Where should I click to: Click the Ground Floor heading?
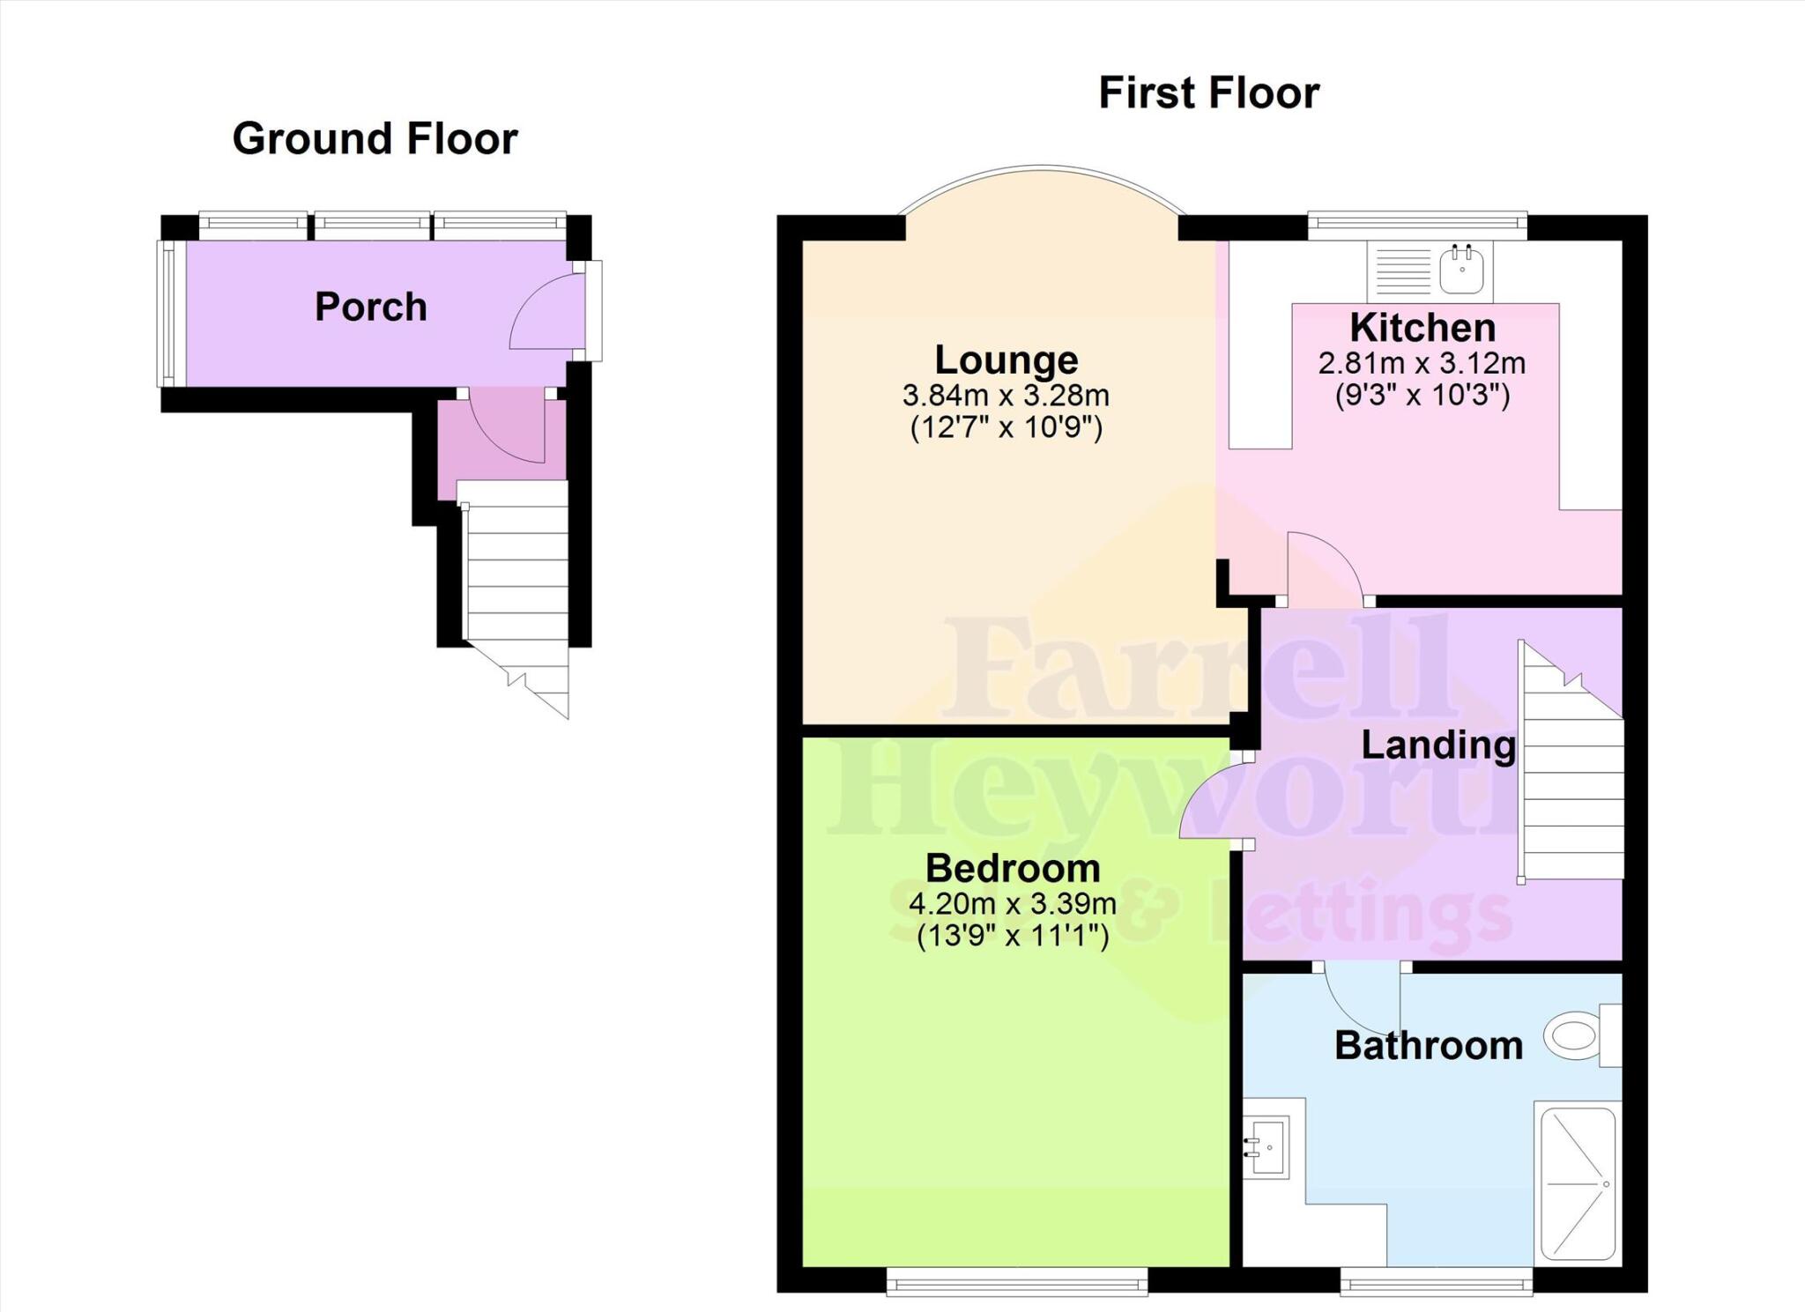(375, 139)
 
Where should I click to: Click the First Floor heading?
(1208, 93)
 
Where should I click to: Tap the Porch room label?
(370, 308)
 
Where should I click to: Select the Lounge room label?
(1006, 360)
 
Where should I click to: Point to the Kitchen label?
(1422, 328)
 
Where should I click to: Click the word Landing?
(1437, 745)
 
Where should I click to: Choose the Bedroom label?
(1013, 869)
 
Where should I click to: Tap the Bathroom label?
(1428, 1046)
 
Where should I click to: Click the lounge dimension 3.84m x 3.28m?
(1006, 396)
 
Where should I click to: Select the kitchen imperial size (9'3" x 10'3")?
(1422, 395)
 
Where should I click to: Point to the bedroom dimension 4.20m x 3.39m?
(1013, 904)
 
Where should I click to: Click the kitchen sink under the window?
(1461, 270)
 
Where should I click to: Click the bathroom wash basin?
(1267, 1145)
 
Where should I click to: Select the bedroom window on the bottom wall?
(1016, 1281)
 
